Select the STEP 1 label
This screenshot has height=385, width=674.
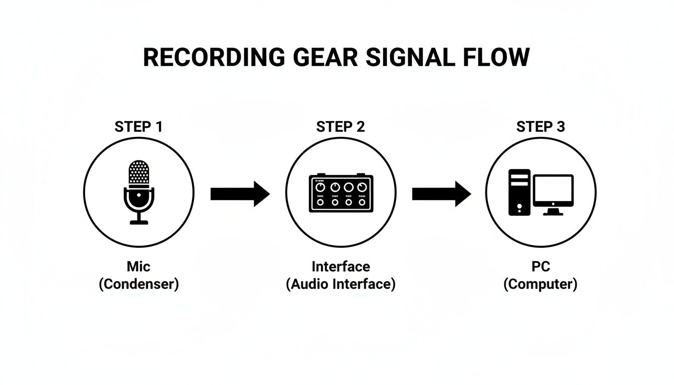[x=138, y=127]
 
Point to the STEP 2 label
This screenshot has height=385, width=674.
[x=341, y=127]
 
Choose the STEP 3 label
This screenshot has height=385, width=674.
[x=541, y=127]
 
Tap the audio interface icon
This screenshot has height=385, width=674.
[x=341, y=194]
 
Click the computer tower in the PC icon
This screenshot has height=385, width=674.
[x=519, y=192]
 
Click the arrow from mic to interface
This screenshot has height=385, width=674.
[x=240, y=194]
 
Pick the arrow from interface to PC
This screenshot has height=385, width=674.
[x=441, y=194]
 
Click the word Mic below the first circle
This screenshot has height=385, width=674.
[x=139, y=267]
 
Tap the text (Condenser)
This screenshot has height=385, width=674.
[x=139, y=284]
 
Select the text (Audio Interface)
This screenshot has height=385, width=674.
[x=341, y=284]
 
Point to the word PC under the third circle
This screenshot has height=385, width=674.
[x=541, y=267]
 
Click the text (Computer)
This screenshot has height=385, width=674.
[x=541, y=284]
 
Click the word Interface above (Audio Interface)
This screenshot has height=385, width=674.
[x=341, y=267]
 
